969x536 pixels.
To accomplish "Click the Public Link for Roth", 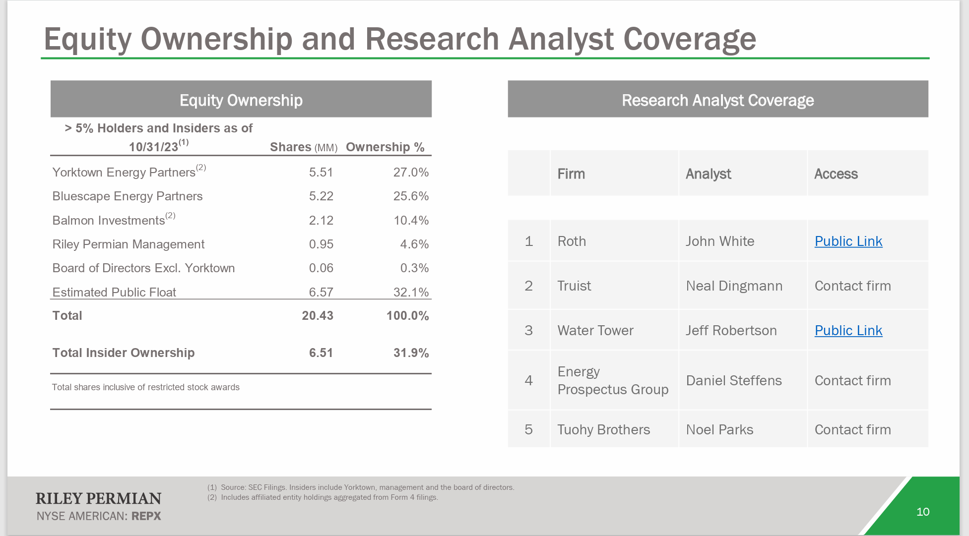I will pos(848,241).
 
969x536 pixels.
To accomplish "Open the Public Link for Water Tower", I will pos(848,331).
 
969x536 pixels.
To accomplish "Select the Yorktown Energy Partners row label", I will pos(124,173).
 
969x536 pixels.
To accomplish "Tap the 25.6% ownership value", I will pos(410,196).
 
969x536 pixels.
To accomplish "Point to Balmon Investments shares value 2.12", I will pos(321,221).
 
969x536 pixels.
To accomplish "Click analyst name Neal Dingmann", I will pos(734,286).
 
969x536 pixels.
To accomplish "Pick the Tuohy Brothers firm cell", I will pos(603,430).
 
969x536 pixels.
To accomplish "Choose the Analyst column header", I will pos(708,174).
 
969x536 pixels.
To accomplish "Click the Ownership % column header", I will pos(385,147).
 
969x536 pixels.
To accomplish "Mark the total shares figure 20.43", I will pos(318,316).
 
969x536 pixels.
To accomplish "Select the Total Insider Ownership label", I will pos(124,353).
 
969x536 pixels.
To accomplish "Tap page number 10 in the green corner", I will pos(922,512).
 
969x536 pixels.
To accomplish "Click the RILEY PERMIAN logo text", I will pos(98,498).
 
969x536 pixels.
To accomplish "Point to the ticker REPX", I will pos(146,516).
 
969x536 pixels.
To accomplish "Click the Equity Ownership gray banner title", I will pos(241,100).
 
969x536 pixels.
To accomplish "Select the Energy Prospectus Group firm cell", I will pos(612,381).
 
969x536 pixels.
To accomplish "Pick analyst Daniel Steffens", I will pos(733,381).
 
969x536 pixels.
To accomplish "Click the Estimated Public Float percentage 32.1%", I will pos(410,293).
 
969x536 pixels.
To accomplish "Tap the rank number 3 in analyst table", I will pos(528,331).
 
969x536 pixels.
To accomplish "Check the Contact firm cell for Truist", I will pos(852,286).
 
